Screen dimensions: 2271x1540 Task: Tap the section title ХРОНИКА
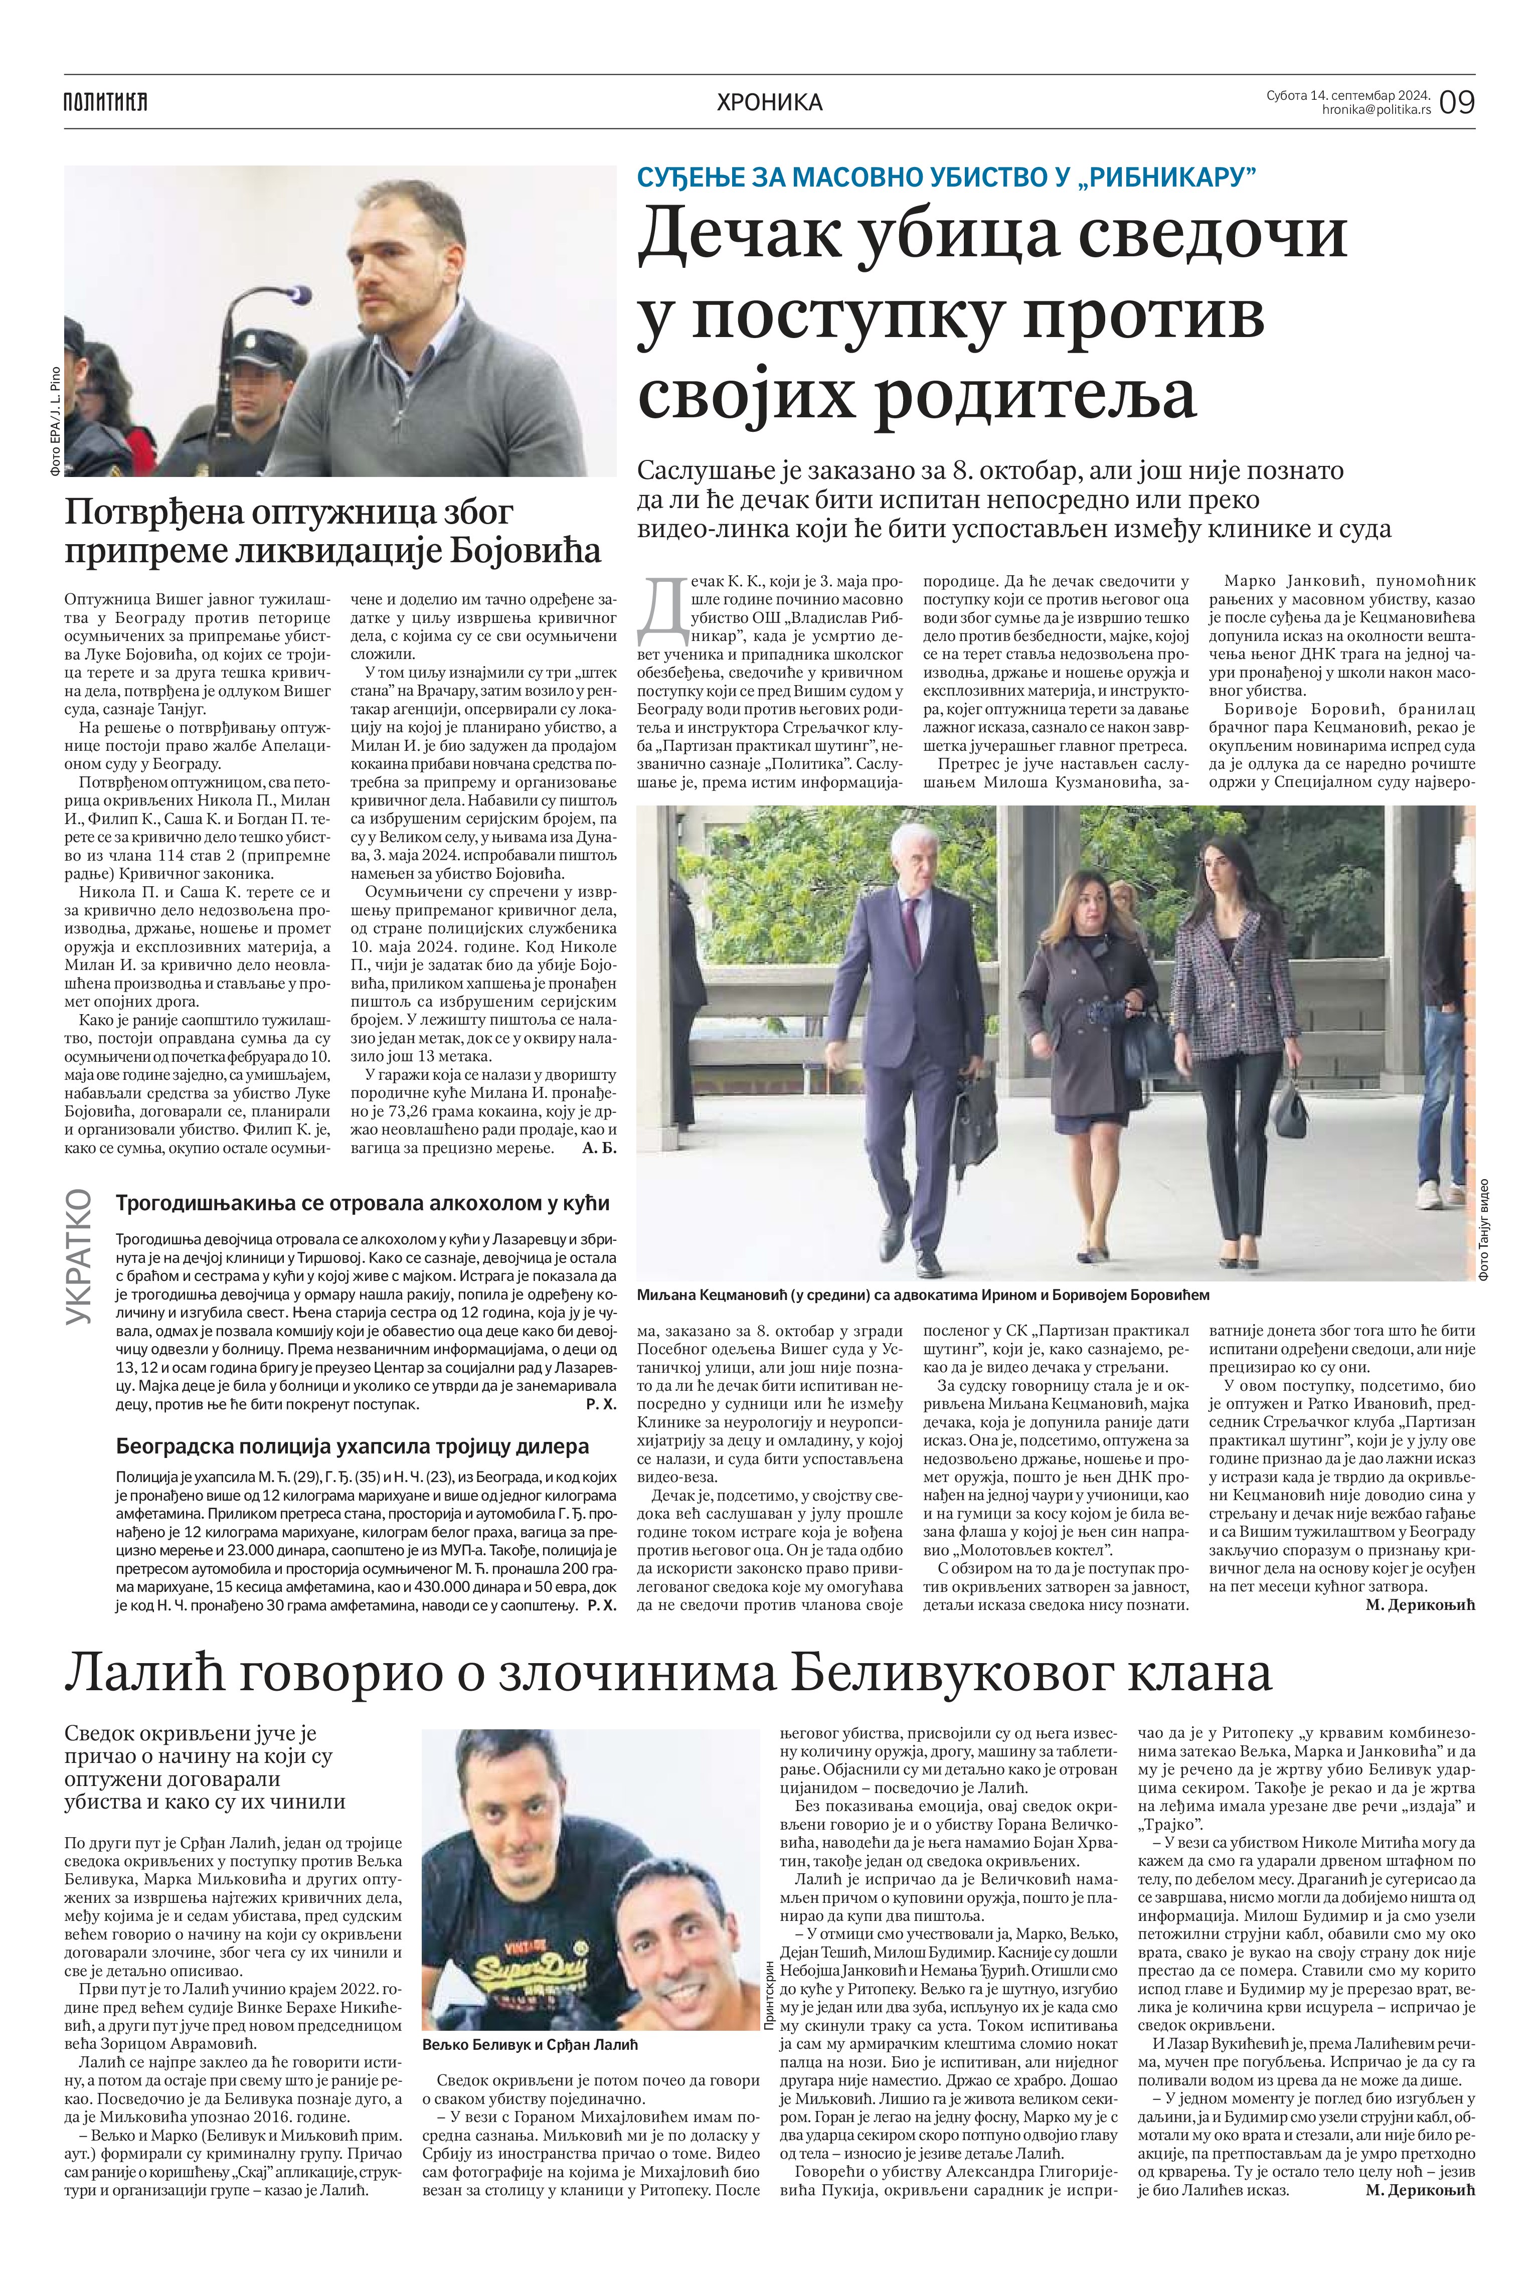pos(769,102)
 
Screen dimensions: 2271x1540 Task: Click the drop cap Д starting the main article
pos(660,606)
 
